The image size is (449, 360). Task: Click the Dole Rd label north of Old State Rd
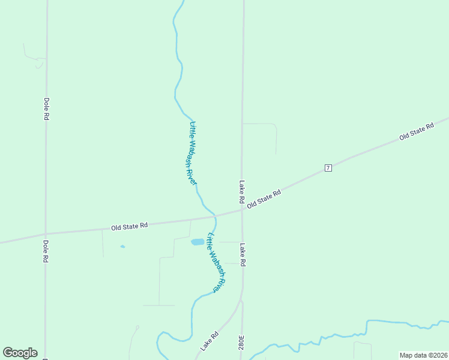pyautogui.click(x=46, y=109)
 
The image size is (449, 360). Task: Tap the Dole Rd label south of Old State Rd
pyautogui.click(x=46, y=251)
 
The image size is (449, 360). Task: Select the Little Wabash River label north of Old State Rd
pyautogui.click(x=193, y=152)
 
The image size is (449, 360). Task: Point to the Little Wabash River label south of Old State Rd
pyautogui.click(x=217, y=262)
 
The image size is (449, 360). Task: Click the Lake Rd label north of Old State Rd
pyautogui.click(x=242, y=191)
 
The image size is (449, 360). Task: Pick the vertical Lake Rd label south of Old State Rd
pyautogui.click(x=243, y=254)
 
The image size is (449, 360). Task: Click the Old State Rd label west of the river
pyautogui.click(x=129, y=226)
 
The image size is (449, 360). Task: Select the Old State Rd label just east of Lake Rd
pyautogui.click(x=264, y=199)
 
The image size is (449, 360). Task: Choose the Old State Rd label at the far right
pyautogui.click(x=417, y=131)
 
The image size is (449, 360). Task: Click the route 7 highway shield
pyautogui.click(x=328, y=167)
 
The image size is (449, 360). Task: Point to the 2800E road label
pyautogui.click(x=242, y=347)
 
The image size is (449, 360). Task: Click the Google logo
pyautogui.click(x=20, y=352)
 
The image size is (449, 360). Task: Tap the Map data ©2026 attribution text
pyautogui.click(x=423, y=355)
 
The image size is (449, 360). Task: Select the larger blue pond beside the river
pyautogui.click(x=197, y=242)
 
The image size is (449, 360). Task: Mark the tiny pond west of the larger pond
pyautogui.click(x=122, y=247)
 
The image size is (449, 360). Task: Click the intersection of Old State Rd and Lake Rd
pyautogui.click(x=242, y=209)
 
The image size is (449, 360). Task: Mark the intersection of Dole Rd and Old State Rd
pyautogui.click(x=46, y=234)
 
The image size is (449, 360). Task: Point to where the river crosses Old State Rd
pyautogui.click(x=215, y=215)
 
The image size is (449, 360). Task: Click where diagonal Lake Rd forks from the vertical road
pyautogui.click(x=241, y=299)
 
